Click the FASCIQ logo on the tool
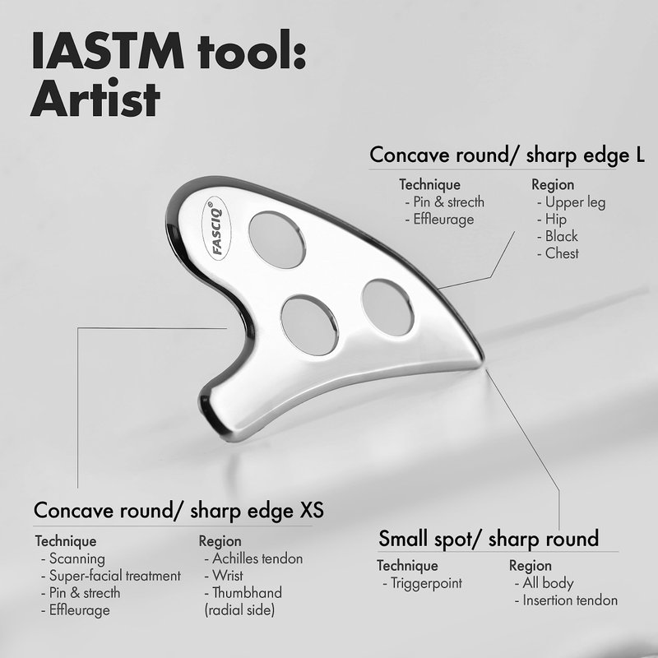[217, 229]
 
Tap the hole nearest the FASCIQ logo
[277, 239]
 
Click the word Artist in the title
[95, 100]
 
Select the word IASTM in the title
[108, 50]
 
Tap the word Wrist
[227, 575]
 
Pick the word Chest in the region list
[562, 253]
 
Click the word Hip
[555, 220]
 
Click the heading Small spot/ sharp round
[489, 539]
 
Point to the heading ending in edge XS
[178, 511]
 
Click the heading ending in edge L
[507, 155]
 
